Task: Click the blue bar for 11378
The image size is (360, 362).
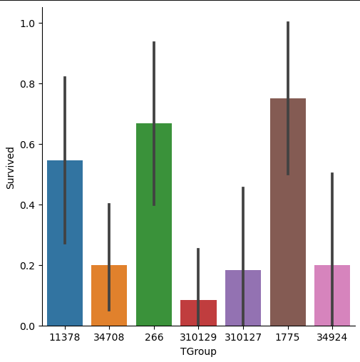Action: click(x=65, y=243)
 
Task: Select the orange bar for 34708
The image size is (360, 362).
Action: click(x=109, y=296)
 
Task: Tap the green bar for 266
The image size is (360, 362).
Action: click(x=154, y=224)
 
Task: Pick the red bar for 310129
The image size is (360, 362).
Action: click(x=198, y=313)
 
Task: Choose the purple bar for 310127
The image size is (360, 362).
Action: click(x=243, y=298)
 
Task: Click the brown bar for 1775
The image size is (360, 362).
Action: click(x=288, y=212)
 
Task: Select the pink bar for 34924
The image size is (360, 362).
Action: click(x=332, y=296)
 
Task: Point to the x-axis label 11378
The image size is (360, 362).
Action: click(x=65, y=337)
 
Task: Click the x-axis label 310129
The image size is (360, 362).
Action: click(x=198, y=337)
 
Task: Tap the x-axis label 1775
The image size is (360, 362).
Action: click(x=287, y=337)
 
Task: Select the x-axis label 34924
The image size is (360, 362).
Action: click(x=332, y=337)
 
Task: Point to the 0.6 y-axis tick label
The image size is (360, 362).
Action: click(x=28, y=145)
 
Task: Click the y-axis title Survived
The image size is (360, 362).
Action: click(x=10, y=168)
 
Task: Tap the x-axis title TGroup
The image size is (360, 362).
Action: click(x=198, y=352)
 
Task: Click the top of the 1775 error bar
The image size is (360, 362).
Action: click(x=288, y=21)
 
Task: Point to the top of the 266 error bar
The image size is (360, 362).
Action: click(x=154, y=41)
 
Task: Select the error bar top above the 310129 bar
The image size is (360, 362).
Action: click(x=198, y=248)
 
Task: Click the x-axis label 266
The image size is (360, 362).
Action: click(x=154, y=337)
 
